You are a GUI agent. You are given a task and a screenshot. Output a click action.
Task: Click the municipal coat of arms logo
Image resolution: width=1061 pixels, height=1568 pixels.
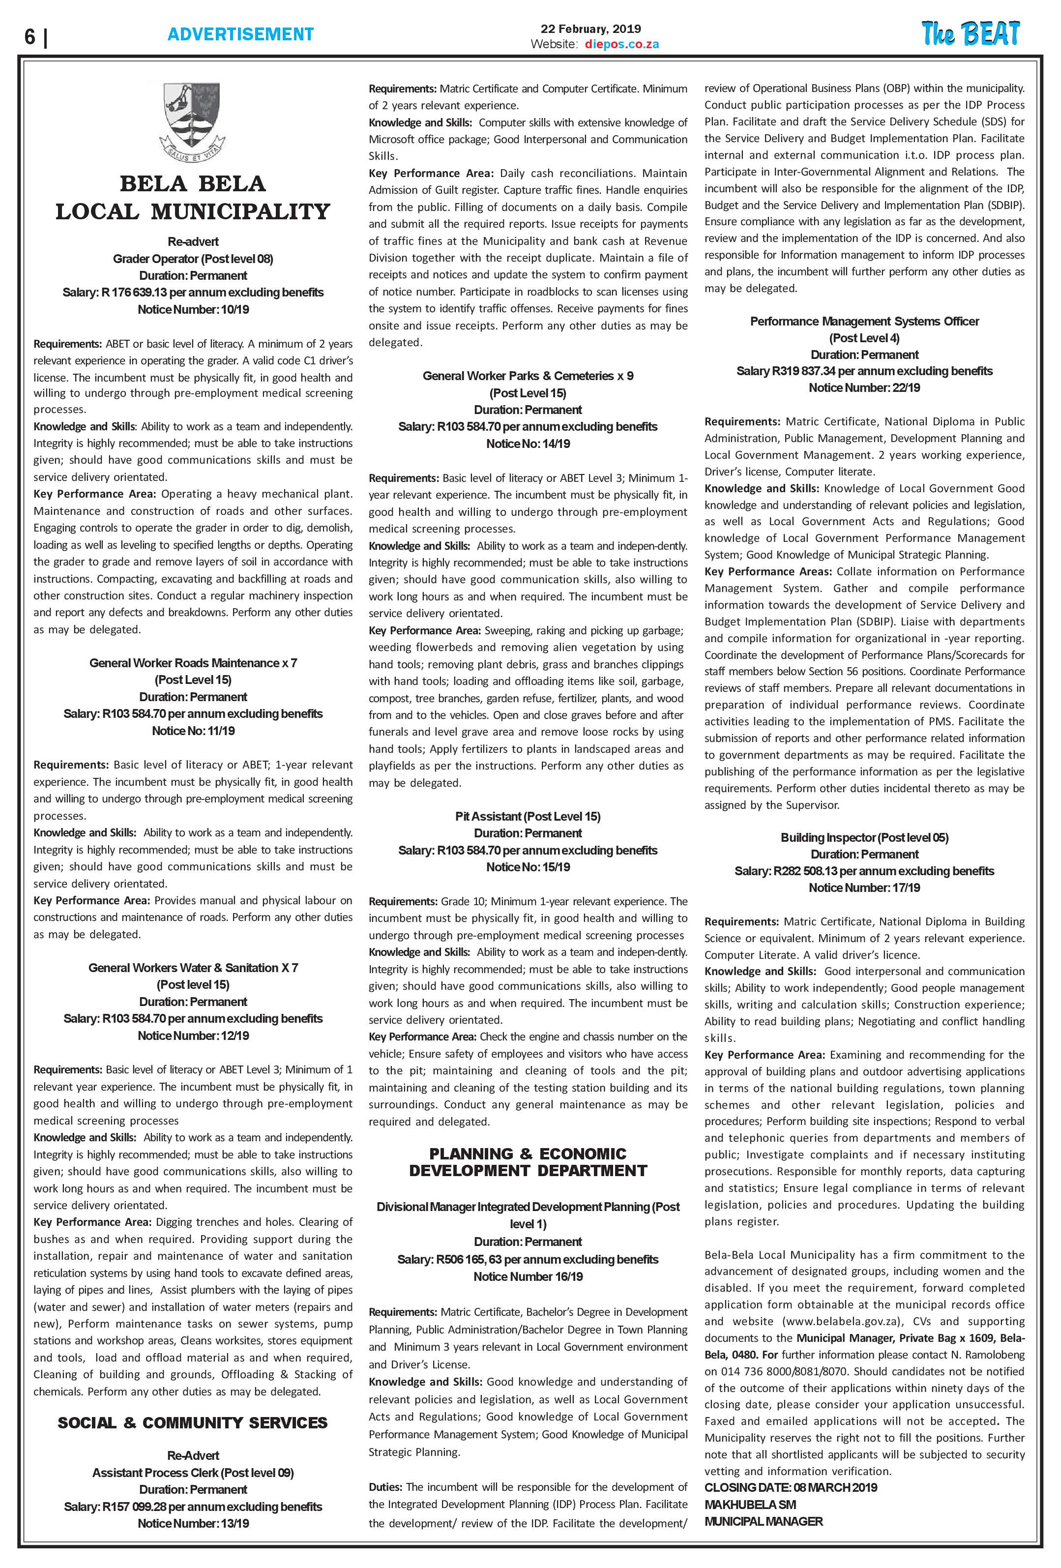pos(193,121)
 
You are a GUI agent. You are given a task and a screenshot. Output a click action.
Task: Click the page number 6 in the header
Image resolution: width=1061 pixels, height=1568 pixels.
pos(29,36)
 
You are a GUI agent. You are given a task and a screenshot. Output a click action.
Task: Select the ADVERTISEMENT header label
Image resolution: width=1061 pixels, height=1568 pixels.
pos(240,34)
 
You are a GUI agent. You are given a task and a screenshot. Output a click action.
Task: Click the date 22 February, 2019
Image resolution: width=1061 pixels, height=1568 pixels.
pos(591,29)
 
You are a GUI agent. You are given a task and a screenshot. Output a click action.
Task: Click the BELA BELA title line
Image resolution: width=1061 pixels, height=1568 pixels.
pos(193,183)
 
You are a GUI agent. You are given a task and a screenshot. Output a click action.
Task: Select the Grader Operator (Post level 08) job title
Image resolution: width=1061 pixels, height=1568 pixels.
pos(193,259)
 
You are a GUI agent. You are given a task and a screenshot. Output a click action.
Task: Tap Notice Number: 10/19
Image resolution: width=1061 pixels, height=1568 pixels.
pos(193,310)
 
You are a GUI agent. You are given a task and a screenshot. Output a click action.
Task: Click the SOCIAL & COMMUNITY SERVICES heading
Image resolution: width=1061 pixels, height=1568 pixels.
pos(193,1423)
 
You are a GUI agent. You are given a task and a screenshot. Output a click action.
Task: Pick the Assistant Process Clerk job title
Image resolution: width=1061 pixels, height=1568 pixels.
pos(193,1474)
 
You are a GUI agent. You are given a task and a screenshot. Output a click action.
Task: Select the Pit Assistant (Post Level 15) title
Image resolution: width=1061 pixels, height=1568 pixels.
pos(528,816)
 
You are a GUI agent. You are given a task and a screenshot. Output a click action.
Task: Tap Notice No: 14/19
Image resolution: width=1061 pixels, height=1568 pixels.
pos(528,444)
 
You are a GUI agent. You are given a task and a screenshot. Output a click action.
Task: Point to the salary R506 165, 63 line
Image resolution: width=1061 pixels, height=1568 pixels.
pos(528,1260)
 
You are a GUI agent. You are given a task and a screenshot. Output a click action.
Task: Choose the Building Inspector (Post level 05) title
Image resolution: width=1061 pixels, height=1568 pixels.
pos(864,838)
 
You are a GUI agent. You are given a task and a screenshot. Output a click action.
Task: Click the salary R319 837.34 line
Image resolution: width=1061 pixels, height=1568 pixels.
pos(864,371)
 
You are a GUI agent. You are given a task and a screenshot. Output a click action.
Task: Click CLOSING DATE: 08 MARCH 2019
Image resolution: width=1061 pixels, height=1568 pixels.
pos(791,1488)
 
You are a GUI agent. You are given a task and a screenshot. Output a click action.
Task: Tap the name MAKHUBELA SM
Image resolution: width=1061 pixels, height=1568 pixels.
pos(750,1505)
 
